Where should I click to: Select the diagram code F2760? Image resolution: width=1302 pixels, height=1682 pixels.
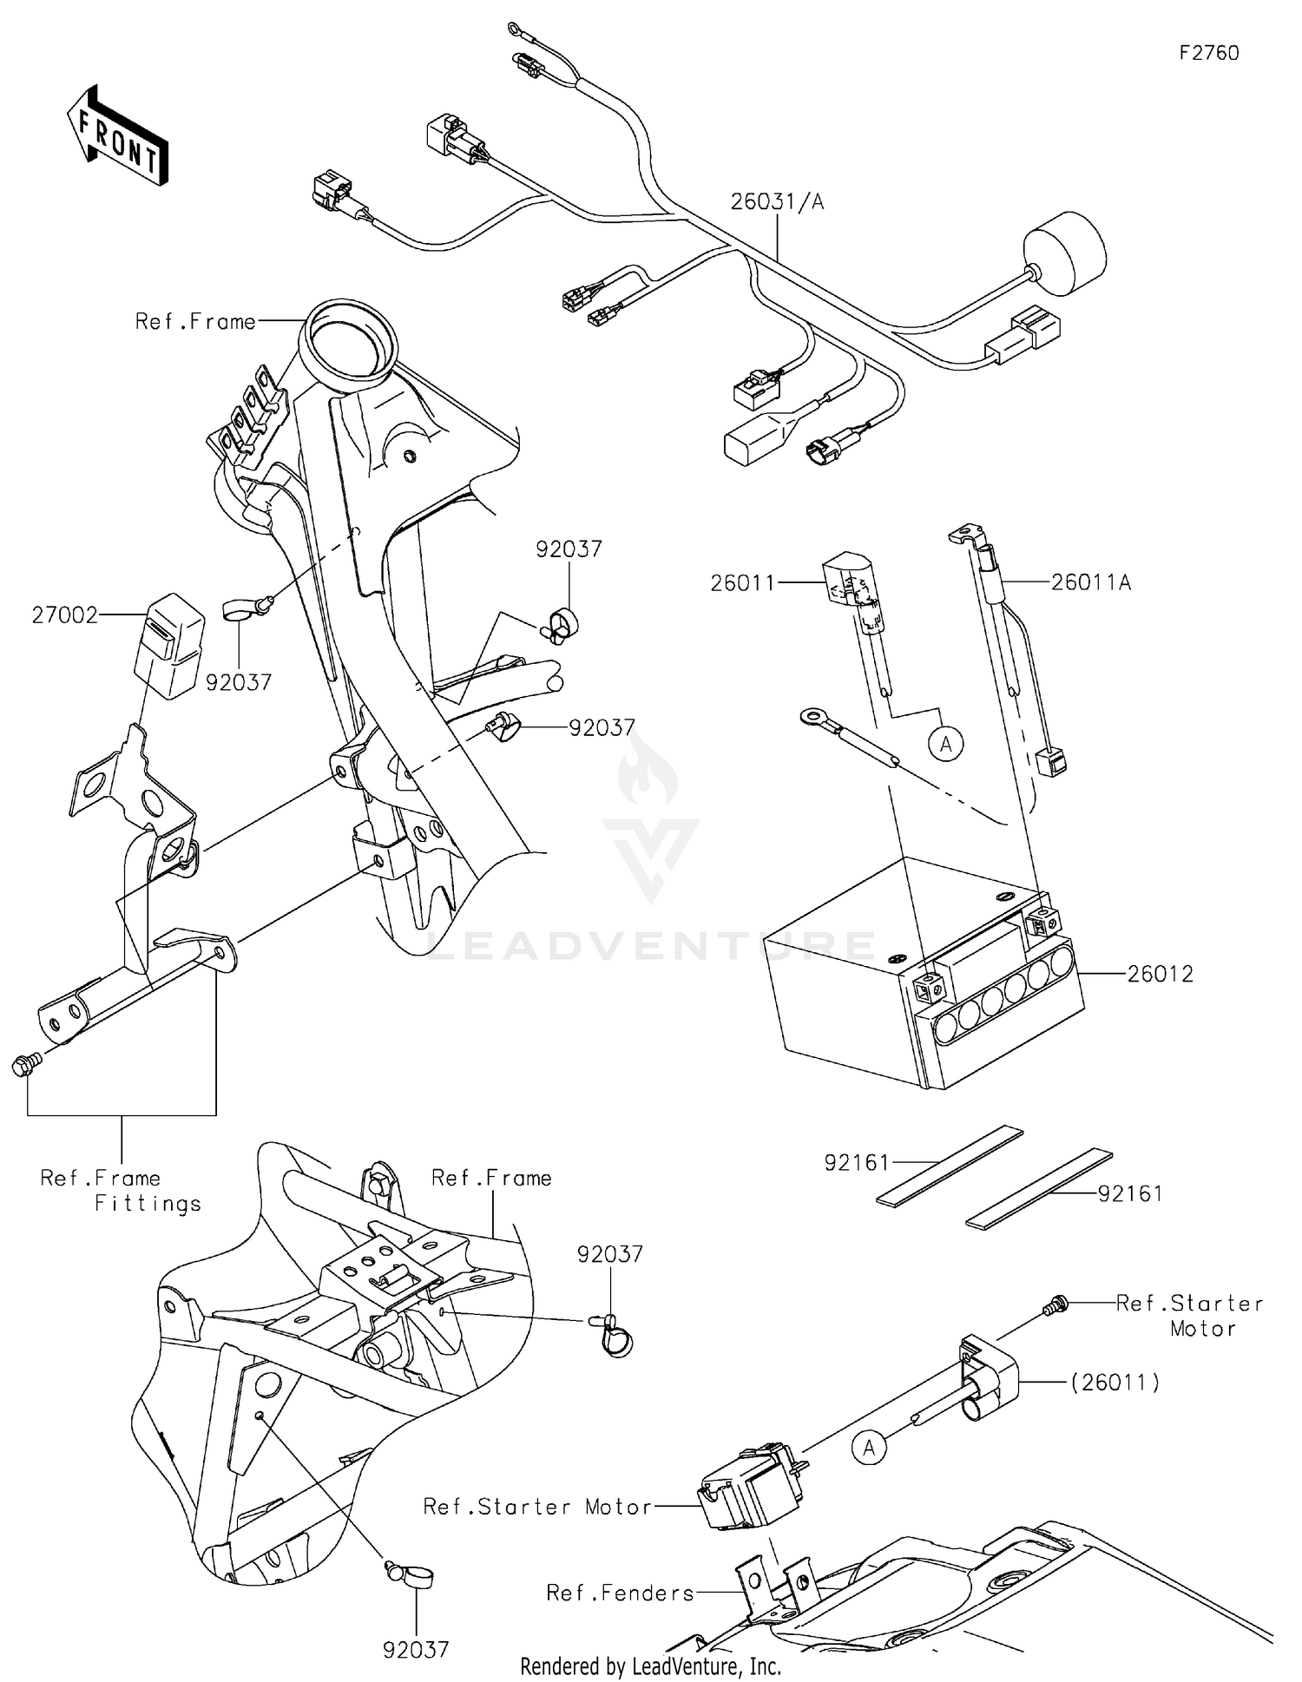(1208, 53)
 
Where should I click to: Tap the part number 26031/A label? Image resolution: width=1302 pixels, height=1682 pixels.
(777, 202)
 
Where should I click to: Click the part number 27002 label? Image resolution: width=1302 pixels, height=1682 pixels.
(64, 615)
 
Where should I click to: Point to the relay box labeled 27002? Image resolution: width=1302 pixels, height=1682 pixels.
(169, 646)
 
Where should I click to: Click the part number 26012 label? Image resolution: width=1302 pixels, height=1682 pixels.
(1160, 974)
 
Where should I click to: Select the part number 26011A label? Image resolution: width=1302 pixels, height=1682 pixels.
(1090, 582)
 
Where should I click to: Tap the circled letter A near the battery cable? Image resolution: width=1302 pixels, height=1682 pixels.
(946, 744)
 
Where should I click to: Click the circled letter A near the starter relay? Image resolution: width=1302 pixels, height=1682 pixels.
(869, 1447)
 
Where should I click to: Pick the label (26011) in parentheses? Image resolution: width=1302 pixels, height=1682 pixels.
(1115, 1382)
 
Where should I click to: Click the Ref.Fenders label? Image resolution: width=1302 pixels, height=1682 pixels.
(621, 1593)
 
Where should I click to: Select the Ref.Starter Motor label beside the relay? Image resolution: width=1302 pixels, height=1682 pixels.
(537, 1507)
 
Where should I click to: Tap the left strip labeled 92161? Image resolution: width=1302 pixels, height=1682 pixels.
(950, 1166)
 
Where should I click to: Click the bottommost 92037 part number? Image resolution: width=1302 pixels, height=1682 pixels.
(416, 1650)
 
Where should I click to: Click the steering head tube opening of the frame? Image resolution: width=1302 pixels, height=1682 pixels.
(347, 339)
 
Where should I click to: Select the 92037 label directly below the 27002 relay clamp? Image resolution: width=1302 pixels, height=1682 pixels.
(239, 683)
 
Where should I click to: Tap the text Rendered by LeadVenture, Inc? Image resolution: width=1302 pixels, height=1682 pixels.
(650, 1666)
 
